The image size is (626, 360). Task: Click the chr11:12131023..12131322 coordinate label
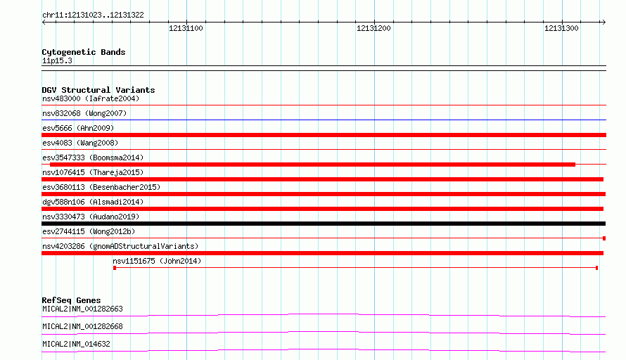point(93,15)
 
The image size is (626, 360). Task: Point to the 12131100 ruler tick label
point(186,28)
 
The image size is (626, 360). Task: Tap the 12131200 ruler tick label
point(373,28)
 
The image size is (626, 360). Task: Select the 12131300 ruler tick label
point(561,28)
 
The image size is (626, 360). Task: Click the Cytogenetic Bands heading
point(84,52)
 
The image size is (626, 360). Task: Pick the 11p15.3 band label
point(57,60)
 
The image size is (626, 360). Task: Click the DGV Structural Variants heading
point(98,90)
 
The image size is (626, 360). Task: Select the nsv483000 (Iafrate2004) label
point(91,98)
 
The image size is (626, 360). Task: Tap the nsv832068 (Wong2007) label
point(84,113)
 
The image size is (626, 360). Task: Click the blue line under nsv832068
point(324,120)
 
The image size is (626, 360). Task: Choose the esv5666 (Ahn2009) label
point(78,128)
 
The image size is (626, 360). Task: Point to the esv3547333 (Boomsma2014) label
point(93,157)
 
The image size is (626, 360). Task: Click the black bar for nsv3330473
point(324,224)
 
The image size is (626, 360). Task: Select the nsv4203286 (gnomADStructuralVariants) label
point(120,246)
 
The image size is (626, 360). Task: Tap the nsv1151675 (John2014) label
point(157,261)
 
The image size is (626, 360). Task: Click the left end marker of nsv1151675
point(115,268)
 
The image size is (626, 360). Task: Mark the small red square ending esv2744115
point(604,238)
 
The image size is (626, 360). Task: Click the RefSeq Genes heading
point(71,300)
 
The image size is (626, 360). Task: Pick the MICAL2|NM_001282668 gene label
point(82,326)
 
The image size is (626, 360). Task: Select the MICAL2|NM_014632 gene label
point(76,344)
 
